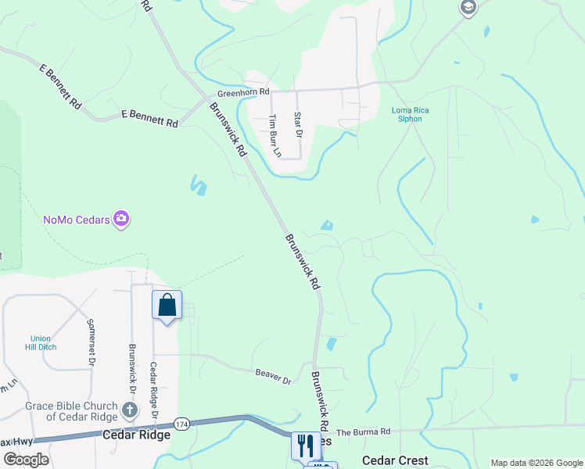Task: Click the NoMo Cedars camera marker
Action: pyautogui.click(x=121, y=218)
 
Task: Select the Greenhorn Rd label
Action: pyautogui.click(x=243, y=92)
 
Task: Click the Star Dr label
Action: pyautogui.click(x=297, y=124)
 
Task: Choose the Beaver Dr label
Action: pyautogui.click(x=273, y=376)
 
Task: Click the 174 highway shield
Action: pyautogui.click(x=181, y=424)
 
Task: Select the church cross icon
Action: pyautogui.click(x=130, y=409)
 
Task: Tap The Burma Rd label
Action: pyautogui.click(x=363, y=432)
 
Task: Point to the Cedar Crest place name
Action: pyautogui.click(x=395, y=460)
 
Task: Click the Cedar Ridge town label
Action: pyautogui.click(x=137, y=435)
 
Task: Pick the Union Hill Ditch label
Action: pyautogui.click(x=41, y=343)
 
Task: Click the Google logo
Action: pyautogui.click(x=25, y=459)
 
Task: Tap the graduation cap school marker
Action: pyautogui.click(x=468, y=9)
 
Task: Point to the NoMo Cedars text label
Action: pyautogui.click(x=76, y=219)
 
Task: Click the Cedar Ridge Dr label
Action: pyautogui.click(x=155, y=388)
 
